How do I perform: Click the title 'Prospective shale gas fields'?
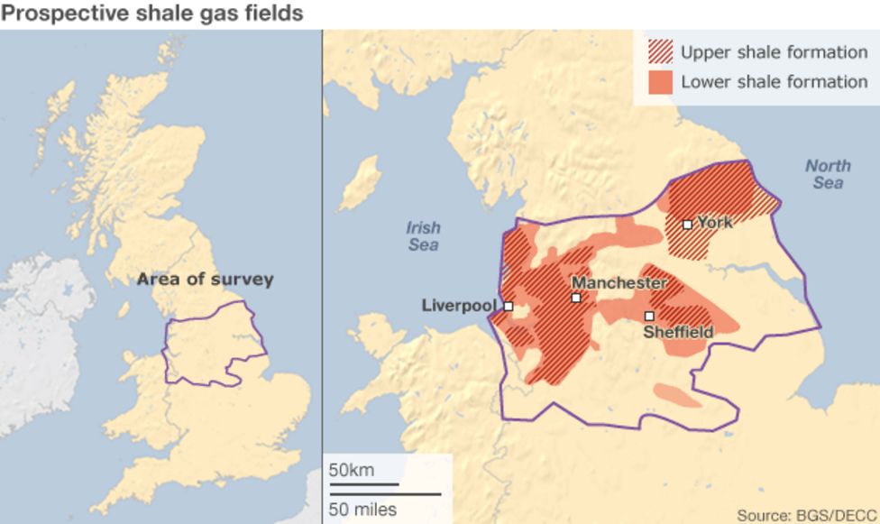(151, 14)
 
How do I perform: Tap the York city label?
(715, 222)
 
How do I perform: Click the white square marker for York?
(687, 225)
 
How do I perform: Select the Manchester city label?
(619, 283)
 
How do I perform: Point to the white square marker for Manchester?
(575, 298)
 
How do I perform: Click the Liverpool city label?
(459, 306)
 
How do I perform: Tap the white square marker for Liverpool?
(509, 307)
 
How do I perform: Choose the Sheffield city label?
(678, 333)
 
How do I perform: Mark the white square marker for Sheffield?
(649, 317)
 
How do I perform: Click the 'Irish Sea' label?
(423, 236)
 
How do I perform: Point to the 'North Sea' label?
(828, 174)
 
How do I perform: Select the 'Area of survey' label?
(205, 280)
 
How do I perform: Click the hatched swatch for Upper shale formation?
(661, 52)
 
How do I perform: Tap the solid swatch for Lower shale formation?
(661, 82)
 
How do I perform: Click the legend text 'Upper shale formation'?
(774, 52)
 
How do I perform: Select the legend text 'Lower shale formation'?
(774, 82)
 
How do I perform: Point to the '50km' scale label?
(351, 470)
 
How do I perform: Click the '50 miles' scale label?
(362, 510)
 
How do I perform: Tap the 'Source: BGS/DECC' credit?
(805, 516)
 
